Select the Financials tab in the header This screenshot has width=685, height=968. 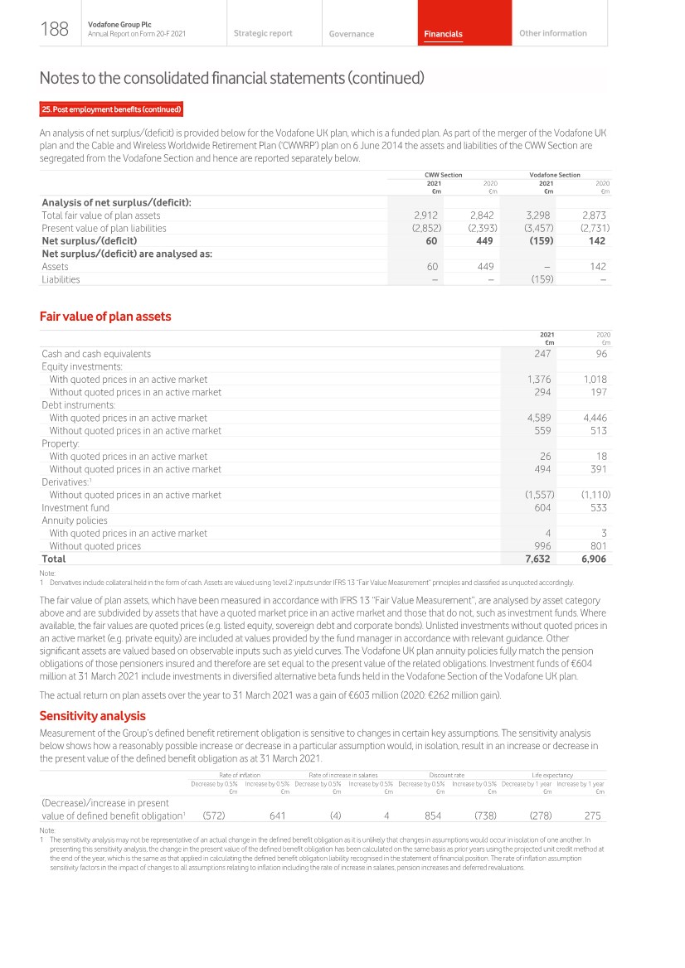click(x=443, y=34)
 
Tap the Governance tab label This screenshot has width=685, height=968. click(x=351, y=34)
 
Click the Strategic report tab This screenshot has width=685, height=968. click(x=263, y=33)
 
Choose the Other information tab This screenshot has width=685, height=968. click(x=552, y=33)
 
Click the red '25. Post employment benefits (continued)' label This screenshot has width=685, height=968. click(x=111, y=109)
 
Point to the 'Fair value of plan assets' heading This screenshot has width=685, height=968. click(x=105, y=316)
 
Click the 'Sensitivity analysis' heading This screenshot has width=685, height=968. click(x=93, y=715)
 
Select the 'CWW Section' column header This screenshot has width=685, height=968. click(x=443, y=175)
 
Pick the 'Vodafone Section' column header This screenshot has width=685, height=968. click(x=555, y=175)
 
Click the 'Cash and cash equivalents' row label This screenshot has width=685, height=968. click(x=96, y=353)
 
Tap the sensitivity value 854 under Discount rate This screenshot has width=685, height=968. click(x=432, y=816)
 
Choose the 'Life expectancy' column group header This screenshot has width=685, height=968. click(x=552, y=775)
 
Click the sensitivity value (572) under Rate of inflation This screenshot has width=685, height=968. click(x=214, y=816)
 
